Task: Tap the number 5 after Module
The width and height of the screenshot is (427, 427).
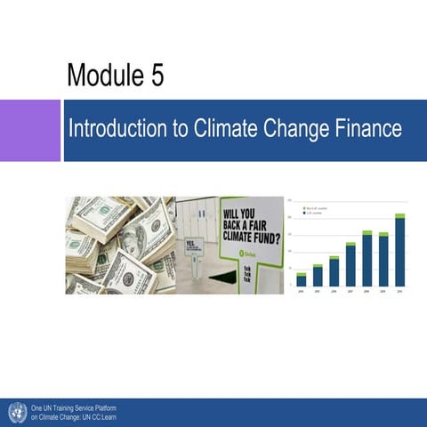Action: point(157,77)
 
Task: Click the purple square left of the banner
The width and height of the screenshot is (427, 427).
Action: point(29,131)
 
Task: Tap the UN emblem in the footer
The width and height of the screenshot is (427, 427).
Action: point(16,412)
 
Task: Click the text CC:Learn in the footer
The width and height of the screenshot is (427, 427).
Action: point(101,416)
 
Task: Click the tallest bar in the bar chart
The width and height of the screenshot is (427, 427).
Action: point(399,251)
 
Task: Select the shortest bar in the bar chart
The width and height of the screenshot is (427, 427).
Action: point(302,279)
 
